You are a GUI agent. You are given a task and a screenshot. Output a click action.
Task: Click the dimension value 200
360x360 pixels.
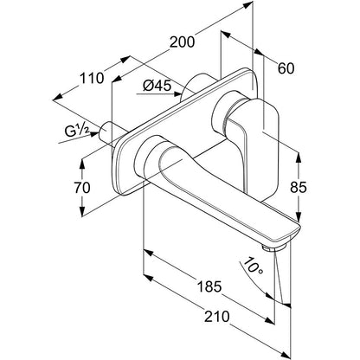tap(182, 42)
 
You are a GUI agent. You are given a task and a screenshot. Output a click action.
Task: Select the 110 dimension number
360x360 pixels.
tap(92, 78)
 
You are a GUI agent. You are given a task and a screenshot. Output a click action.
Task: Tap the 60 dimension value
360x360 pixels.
tap(286, 68)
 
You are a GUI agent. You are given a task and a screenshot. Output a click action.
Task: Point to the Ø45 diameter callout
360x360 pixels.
tap(157, 86)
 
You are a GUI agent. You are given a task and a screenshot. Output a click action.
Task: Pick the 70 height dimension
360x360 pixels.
tap(82, 188)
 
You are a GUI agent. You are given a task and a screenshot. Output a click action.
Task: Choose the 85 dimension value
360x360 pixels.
tap(299, 188)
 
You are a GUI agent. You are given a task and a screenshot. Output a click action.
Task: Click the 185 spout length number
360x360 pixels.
tap(209, 286)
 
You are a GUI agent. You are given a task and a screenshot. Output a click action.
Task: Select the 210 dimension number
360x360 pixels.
tap(217, 317)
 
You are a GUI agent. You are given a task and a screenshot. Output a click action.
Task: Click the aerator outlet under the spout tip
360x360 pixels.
tap(273, 247)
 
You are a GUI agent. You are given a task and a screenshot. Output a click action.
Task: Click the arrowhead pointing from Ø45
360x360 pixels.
tap(177, 94)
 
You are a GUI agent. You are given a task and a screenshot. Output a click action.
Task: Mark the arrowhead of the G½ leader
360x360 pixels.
tap(94, 134)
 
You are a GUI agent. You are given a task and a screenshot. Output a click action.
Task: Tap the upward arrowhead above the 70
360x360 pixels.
tap(82, 164)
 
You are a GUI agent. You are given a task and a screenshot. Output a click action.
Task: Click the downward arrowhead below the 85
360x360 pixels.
tap(299, 216)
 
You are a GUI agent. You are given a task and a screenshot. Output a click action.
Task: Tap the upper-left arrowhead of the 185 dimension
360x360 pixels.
tap(148, 253)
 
